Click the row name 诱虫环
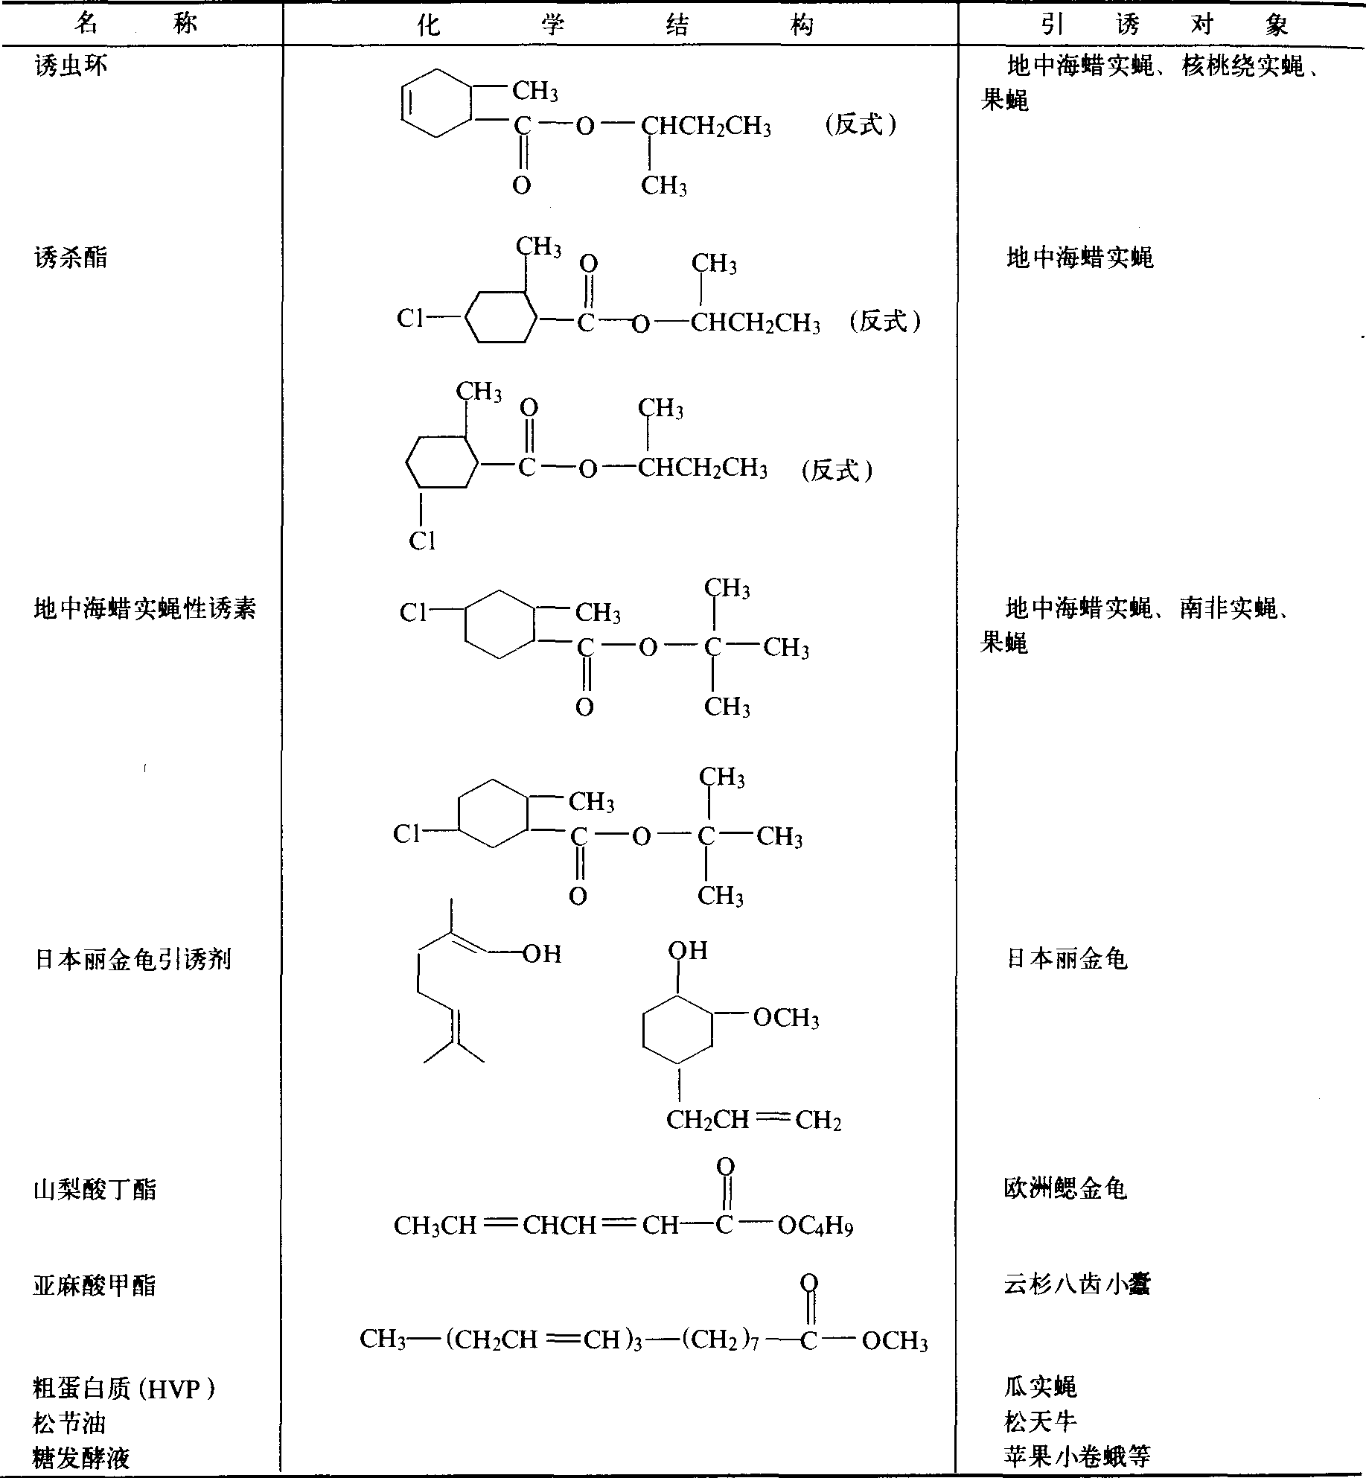[x=71, y=66]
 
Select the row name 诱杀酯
[x=71, y=258]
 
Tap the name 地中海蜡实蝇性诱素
[x=145, y=608]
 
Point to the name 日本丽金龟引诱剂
[x=133, y=960]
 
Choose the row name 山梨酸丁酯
[x=95, y=1190]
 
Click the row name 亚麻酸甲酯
[x=95, y=1285]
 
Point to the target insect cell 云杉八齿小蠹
[x=1077, y=1284]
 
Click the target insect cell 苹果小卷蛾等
[x=1077, y=1456]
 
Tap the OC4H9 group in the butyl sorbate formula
[x=815, y=1226]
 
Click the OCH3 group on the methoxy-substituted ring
[x=786, y=1018]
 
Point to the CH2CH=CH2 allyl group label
[x=753, y=1120]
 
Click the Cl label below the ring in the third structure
[x=422, y=541]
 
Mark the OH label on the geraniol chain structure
[x=542, y=954]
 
